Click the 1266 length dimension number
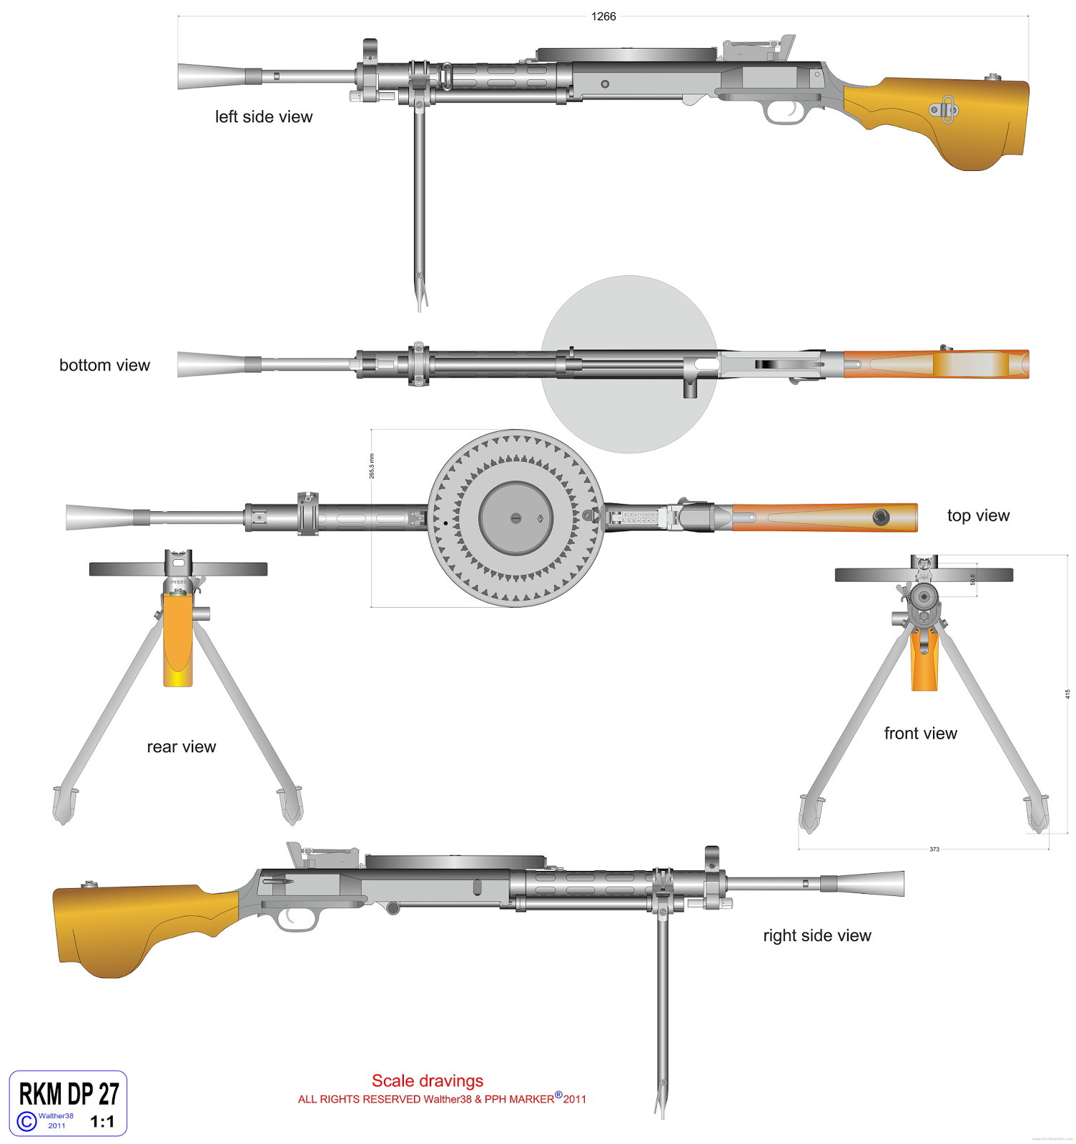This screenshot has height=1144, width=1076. tap(603, 16)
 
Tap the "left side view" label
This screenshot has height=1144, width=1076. tap(264, 117)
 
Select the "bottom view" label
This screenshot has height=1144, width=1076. tap(104, 365)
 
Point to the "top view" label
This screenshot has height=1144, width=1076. tap(978, 516)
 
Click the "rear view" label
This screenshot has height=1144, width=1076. tap(181, 747)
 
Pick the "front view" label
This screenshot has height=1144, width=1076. tap(920, 734)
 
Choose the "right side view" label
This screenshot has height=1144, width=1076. tap(816, 936)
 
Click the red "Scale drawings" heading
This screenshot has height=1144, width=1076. tap(428, 1081)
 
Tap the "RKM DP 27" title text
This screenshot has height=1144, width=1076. tap(69, 1095)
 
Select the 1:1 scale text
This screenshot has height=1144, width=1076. tap(102, 1122)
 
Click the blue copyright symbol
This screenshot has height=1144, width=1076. tap(26, 1121)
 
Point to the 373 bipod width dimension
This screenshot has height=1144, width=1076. tap(934, 849)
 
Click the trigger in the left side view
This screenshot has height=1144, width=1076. tap(794, 109)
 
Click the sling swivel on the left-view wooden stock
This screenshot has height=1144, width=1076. tap(944, 109)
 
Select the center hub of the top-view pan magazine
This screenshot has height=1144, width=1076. tap(515, 518)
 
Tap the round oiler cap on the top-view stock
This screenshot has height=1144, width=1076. tap(881, 516)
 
